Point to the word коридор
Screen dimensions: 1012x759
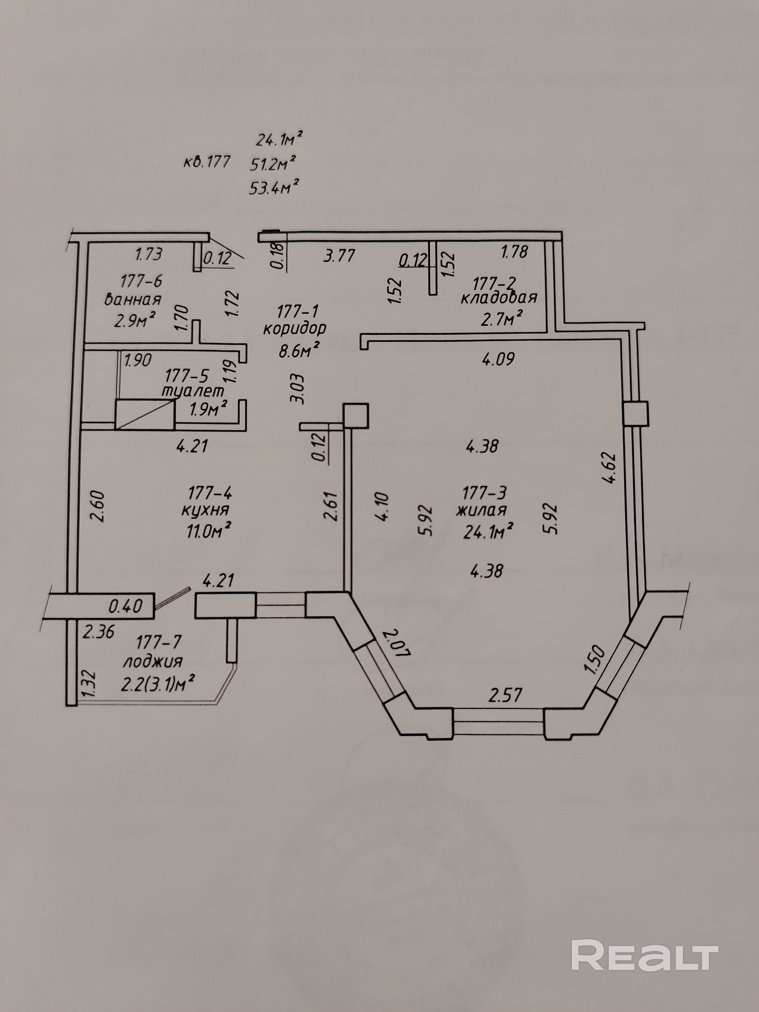(295, 329)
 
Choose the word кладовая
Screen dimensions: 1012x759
(498, 298)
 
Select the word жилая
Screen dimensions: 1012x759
(481, 509)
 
